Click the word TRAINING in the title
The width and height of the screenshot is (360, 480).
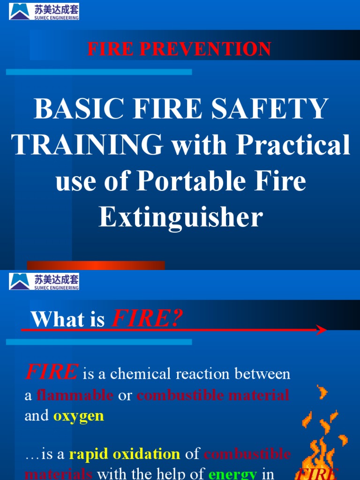[x=87, y=145]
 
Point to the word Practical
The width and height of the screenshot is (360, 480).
[x=293, y=145]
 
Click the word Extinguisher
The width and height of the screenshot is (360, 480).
[x=180, y=217]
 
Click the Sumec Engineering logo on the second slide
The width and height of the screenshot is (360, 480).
[x=44, y=282]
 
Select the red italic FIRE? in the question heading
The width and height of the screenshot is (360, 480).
[x=147, y=320]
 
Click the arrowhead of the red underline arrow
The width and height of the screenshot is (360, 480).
[x=322, y=330]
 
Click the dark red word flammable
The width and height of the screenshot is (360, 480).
[x=75, y=395]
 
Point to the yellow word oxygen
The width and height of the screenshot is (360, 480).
[x=78, y=416]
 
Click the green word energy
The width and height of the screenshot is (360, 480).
[x=233, y=474]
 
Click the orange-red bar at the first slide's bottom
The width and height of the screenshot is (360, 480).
[x=96, y=265]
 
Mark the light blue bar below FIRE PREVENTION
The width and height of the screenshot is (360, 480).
[x=99, y=72]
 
